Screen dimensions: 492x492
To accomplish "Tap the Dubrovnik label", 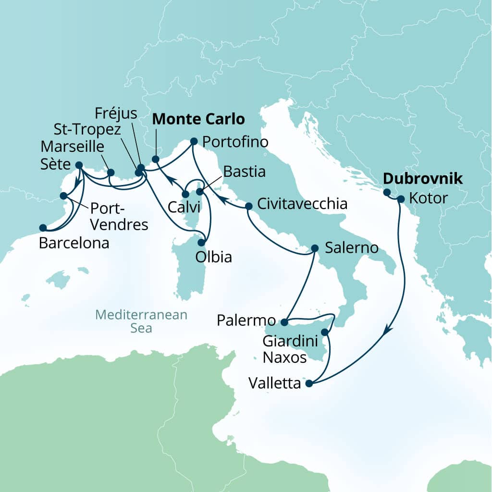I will [422, 179].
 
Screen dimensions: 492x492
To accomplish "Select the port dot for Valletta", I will [309, 383].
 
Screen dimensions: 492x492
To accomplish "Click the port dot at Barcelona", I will [43, 228].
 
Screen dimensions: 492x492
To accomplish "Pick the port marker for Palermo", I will [284, 322].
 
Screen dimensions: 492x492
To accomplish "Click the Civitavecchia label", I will [302, 204].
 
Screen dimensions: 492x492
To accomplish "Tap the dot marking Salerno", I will [315, 248].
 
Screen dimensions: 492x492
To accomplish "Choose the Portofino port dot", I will [194, 141].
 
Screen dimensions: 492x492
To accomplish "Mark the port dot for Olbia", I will [202, 243].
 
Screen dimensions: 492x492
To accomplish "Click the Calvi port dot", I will [185, 195].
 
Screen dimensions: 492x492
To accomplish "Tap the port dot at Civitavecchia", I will [249, 206].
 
